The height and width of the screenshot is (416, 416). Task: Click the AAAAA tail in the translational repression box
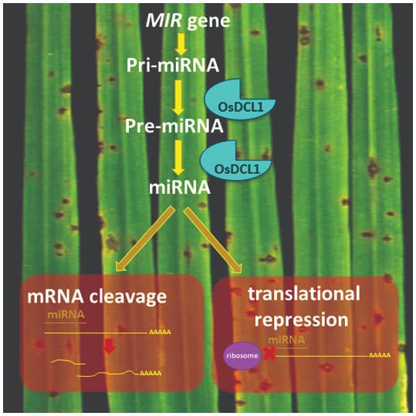380,357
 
